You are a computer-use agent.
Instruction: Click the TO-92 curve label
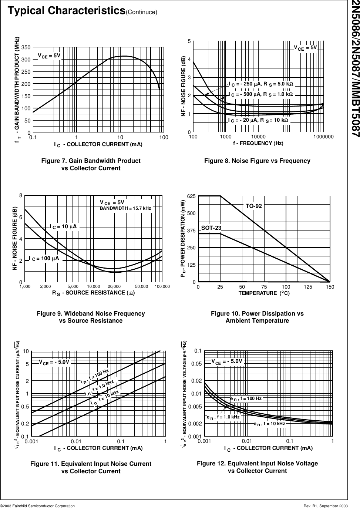(x=253, y=206)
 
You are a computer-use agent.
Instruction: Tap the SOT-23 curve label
(x=211, y=228)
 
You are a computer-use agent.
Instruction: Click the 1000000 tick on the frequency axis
(x=323, y=137)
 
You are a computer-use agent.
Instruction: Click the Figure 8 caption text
(x=257, y=161)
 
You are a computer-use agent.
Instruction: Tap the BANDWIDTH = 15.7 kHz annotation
(x=125, y=209)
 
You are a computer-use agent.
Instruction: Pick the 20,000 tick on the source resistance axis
(x=114, y=286)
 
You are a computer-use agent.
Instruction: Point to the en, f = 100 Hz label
(x=246, y=398)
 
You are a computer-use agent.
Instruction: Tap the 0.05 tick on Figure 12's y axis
(x=196, y=364)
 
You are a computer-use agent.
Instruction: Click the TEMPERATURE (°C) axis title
(x=264, y=293)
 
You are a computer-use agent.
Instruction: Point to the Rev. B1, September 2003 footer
(x=325, y=505)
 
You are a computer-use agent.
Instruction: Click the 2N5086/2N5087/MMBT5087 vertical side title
(x=354, y=68)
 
